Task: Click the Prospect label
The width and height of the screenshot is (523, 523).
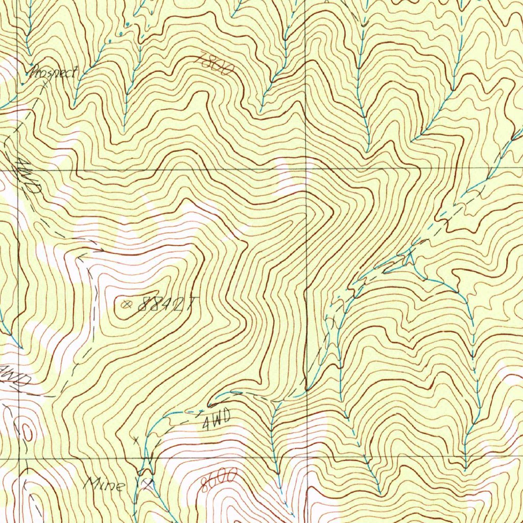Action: click(x=53, y=73)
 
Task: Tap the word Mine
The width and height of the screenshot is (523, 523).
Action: click(x=104, y=483)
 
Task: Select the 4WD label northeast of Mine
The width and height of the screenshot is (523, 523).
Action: click(x=217, y=421)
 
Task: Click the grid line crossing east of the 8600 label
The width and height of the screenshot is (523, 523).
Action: click(x=307, y=458)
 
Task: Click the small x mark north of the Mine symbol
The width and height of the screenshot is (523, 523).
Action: click(x=136, y=439)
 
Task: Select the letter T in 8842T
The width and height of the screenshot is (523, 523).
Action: click(x=189, y=305)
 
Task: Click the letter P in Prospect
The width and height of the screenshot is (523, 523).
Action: click(x=34, y=72)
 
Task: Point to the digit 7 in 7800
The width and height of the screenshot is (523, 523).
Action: click(x=199, y=59)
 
